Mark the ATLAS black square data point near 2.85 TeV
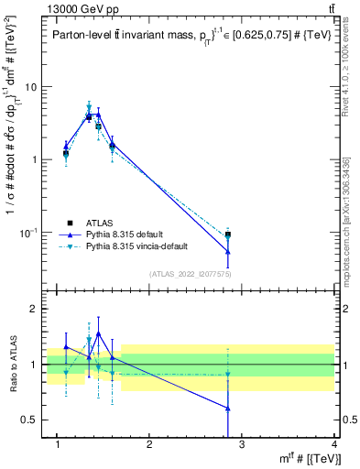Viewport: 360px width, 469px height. (x=228, y=235)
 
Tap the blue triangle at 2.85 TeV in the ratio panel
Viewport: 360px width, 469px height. (x=228, y=409)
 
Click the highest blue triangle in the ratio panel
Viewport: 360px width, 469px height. (x=98, y=333)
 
